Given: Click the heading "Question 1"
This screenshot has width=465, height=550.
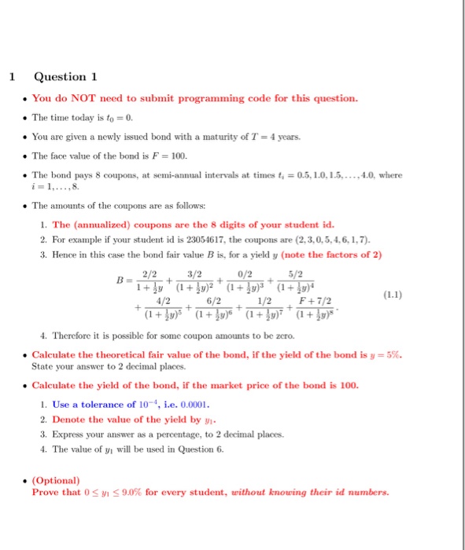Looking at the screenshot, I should (x=65, y=76).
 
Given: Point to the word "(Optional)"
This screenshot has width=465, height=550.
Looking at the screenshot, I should (x=56, y=480).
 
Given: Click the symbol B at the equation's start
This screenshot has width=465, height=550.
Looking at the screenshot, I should (x=119, y=280).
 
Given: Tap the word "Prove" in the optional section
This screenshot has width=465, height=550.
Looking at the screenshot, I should (x=46, y=493).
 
